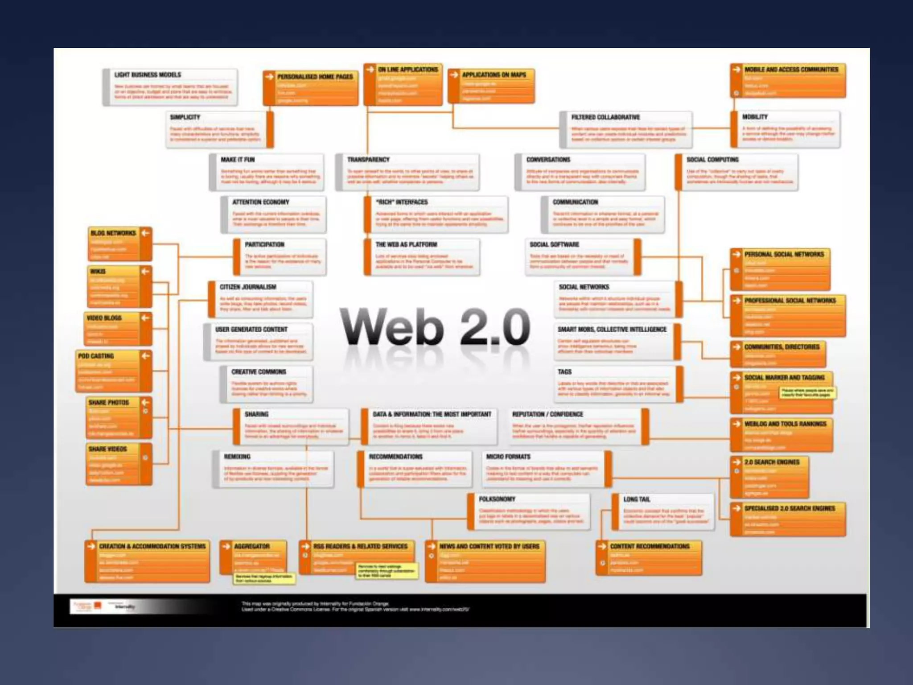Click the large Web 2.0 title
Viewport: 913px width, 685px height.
(x=435, y=327)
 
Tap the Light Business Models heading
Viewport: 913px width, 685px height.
(x=148, y=75)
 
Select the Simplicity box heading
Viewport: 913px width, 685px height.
(x=185, y=117)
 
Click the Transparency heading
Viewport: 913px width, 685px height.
(x=368, y=160)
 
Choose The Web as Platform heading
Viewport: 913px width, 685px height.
(x=406, y=245)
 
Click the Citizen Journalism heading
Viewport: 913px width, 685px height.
(x=248, y=287)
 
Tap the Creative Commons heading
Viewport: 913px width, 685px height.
(x=259, y=372)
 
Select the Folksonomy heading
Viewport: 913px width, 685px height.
(x=497, y=499)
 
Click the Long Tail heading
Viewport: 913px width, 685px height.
(x=637, y=499)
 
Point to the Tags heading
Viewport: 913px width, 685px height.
(x=564, y=372)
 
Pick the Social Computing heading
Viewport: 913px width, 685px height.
(x=712, y=160)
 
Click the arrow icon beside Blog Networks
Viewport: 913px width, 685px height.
(x=145, y=233)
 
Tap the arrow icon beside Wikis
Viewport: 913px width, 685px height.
(x=145, y=271)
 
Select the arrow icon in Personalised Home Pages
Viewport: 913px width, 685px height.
(x=269, y=77)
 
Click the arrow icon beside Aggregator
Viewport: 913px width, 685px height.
(x=227, y=546)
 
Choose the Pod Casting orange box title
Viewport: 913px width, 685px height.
(x=96, y=356)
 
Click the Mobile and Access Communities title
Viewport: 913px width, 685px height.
(x=791, y=70)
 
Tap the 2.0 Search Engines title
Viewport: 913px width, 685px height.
(x=772, y=462)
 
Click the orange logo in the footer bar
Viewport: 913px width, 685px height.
(x=98, y=606)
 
